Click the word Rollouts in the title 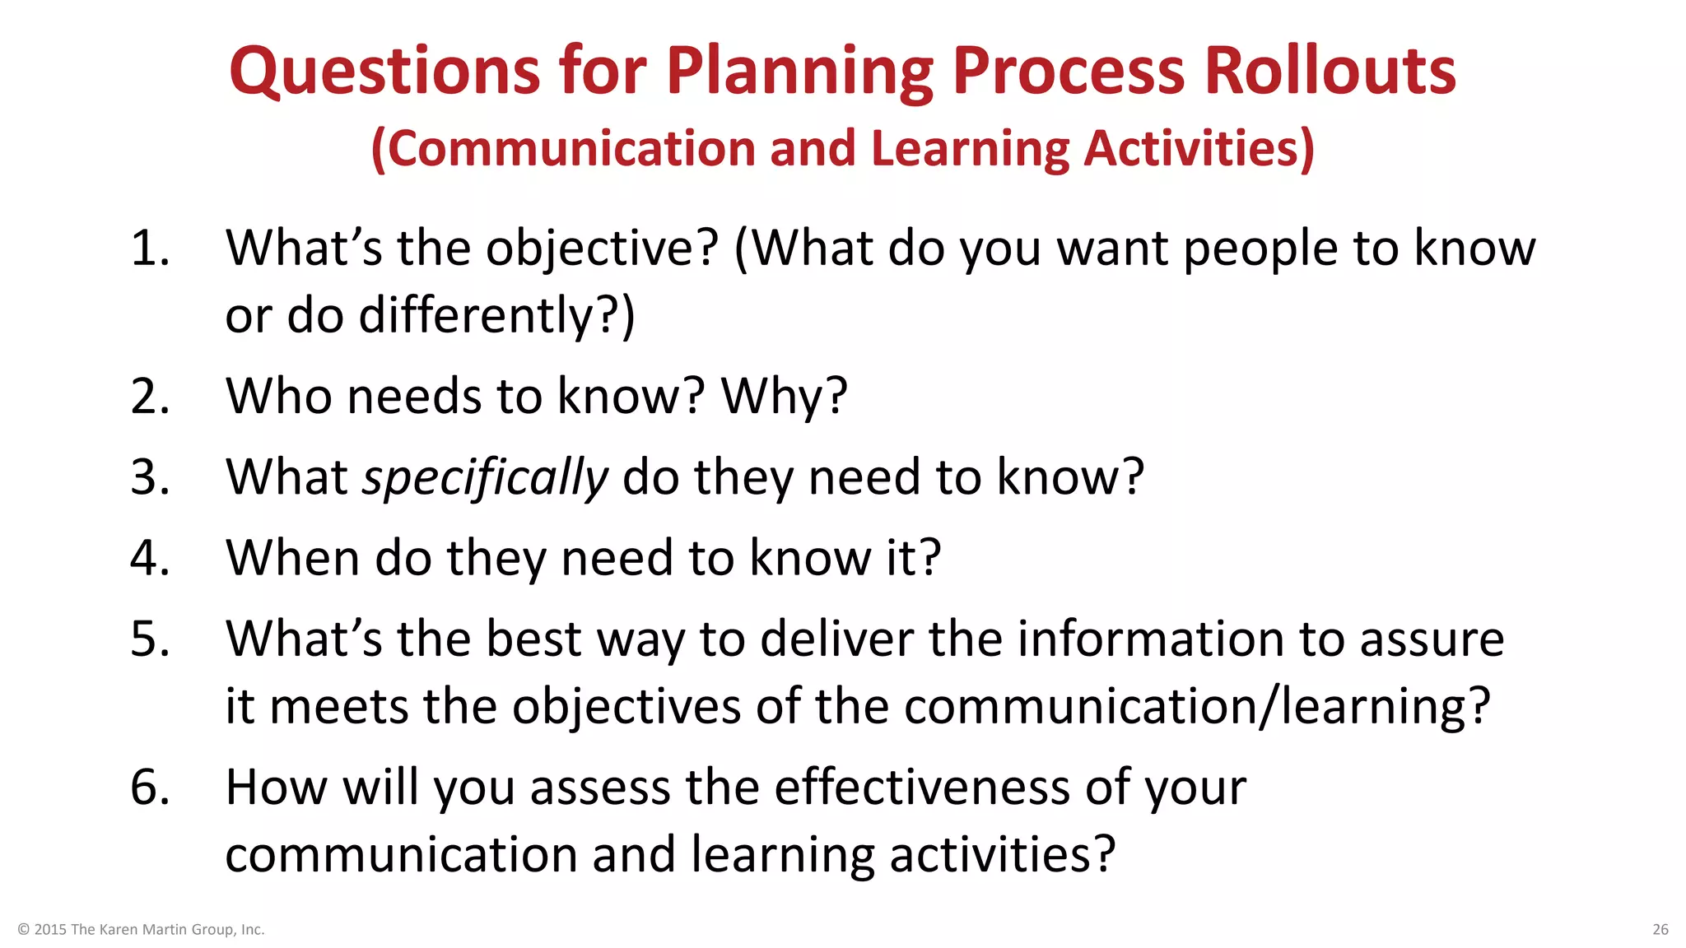pos(1330,71)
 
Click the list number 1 pos(150,248)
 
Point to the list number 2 pos(150,397)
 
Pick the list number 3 pos(150,477)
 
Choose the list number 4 pos(150,558)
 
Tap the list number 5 pos(150,639)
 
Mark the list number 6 pos(150,787)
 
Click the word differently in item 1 pos(475,316)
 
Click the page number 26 pos(1660,930)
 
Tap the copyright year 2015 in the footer pos(50,930)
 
